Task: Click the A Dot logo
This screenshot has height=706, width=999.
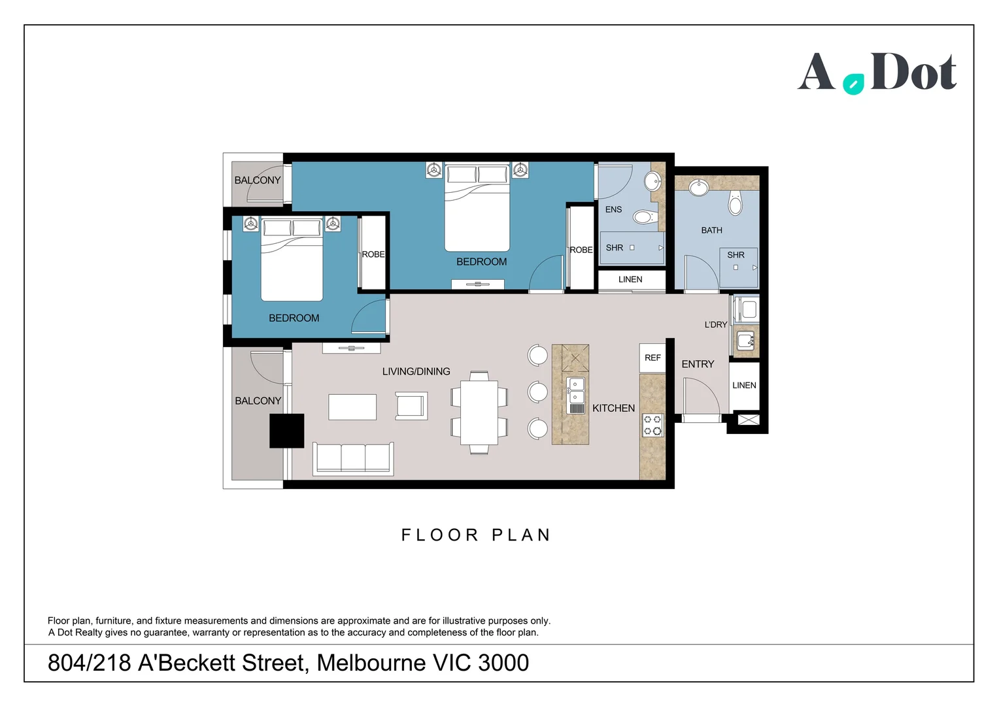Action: click(x=876, y=73)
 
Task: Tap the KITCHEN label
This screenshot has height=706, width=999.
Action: click(x=613, y=408)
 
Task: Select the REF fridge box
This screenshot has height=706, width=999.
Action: click(x=652, y=358)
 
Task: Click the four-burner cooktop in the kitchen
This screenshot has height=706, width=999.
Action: click(x=652, y=425)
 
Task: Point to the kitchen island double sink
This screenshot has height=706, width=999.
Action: click(x=576, y=391)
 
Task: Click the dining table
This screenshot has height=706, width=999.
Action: click(x=479, y=412)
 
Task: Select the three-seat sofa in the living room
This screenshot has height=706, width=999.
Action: click(x=353, y=458)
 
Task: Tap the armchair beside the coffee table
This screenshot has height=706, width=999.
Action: click(x=411, y=406)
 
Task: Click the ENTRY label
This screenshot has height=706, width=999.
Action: click(x=698, y=364)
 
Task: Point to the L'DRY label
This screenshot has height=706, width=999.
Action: click(x=715, y=325)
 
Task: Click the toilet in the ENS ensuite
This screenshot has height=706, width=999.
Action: click(x=644, y=216)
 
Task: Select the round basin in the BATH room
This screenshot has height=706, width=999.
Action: click(x=699, y=188)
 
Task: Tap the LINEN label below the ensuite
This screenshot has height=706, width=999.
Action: click(x=630, y=279)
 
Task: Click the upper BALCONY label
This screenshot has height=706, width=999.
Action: click(x=258, y=180)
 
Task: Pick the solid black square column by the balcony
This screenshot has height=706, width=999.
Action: click(x=287, y=431)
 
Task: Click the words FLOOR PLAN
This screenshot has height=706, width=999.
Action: click(x=476, y=535)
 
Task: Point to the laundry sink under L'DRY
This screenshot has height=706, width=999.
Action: click(x=745, y=341)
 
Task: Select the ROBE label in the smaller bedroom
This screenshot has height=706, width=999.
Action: click(x=373, y=254)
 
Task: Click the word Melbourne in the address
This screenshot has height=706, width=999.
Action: click(x=371, y=663)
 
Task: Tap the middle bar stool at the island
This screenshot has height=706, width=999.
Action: click(x=537, y=392)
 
